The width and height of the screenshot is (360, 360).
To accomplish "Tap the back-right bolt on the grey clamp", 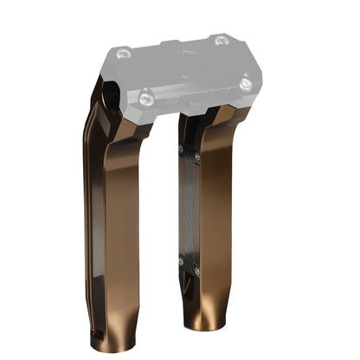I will (221, 40).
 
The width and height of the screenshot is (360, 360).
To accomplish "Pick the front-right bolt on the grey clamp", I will (246, 84).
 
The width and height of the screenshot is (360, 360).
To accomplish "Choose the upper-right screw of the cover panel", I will (198, 157).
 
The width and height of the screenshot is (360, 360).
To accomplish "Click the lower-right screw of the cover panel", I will (197, 272).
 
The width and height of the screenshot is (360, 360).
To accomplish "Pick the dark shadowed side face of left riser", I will (97, 216).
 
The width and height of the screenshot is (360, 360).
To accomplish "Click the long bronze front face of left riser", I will (121, 225).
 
